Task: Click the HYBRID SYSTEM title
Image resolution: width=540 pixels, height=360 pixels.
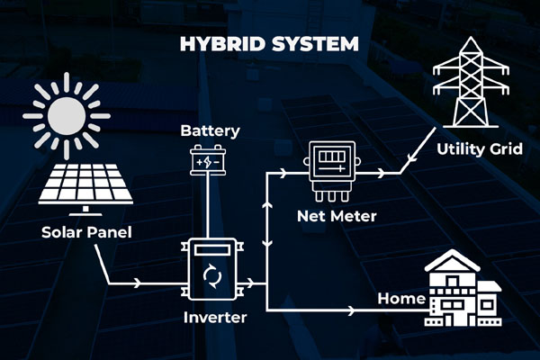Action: coord(270,43)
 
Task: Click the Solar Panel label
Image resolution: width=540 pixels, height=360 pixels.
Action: coord(86,232)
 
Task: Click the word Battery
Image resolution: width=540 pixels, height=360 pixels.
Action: coord(210,131)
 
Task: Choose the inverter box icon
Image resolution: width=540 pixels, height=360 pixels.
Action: coord(211,269)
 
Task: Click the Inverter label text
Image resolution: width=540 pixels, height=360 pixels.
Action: coord(215,318)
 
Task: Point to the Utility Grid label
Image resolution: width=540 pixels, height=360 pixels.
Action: coord(478,148)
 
